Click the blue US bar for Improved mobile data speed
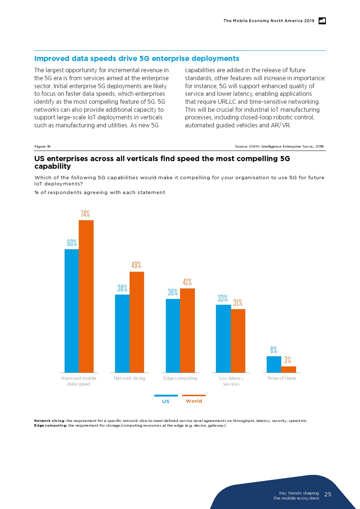pos(71,311)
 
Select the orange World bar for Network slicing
pos(137,322)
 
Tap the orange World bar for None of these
pos(289,369)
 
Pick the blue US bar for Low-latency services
pos(223,338)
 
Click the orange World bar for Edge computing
pos(187,330)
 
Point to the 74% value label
pos(85,214)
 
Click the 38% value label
pos(122,288)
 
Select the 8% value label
pos(274,350)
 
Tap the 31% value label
pos(238,303)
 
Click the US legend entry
pos(166,401)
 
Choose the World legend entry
pos(194,401)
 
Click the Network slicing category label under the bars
pos(130,378)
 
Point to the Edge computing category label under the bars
pos(180,378)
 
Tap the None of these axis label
pos(282,378)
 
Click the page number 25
pos(328,494)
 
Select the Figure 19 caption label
pos(42,147)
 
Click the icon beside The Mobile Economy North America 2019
pos(322,21)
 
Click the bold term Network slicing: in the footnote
pos(50,421)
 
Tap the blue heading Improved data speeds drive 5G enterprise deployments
pos(137,59)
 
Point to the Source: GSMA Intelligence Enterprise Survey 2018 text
pos(279,147)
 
